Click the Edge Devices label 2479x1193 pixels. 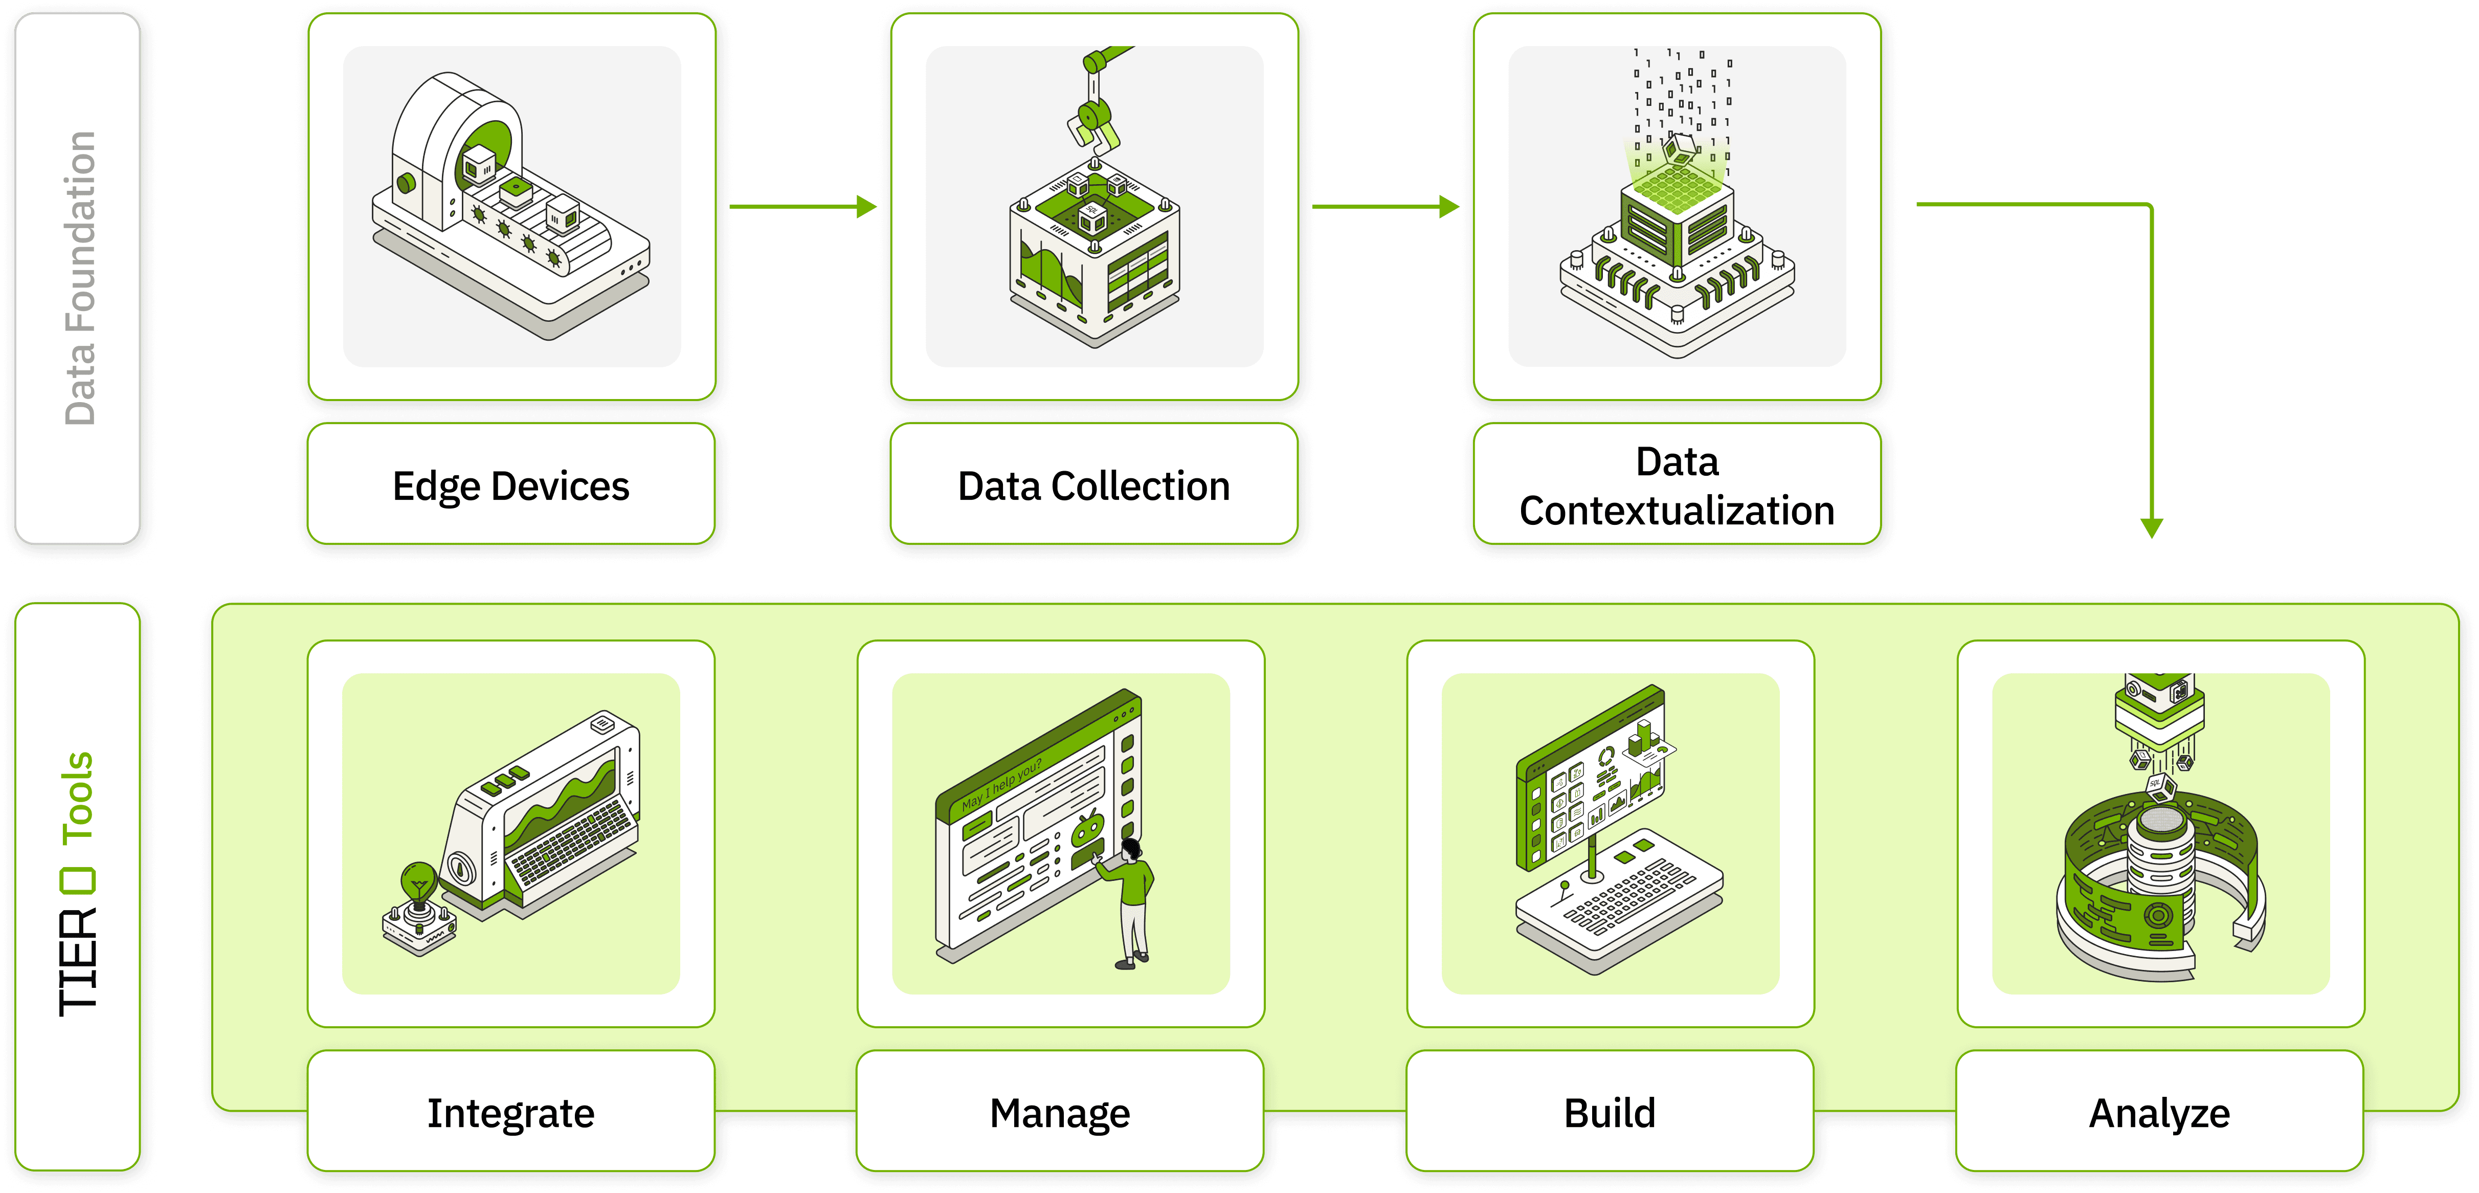click(x=511, y=485)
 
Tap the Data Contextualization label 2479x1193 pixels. click(x=1677, y=485)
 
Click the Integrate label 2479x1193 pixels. click(x=511, y=1113)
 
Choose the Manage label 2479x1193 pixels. click(x=1060, y=1113)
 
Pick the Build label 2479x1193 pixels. click(x=1610, y=1113)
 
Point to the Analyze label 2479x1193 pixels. click(x=2159, y=1113)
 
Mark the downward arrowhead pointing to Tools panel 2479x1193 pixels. click(x=2152, y=527)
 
